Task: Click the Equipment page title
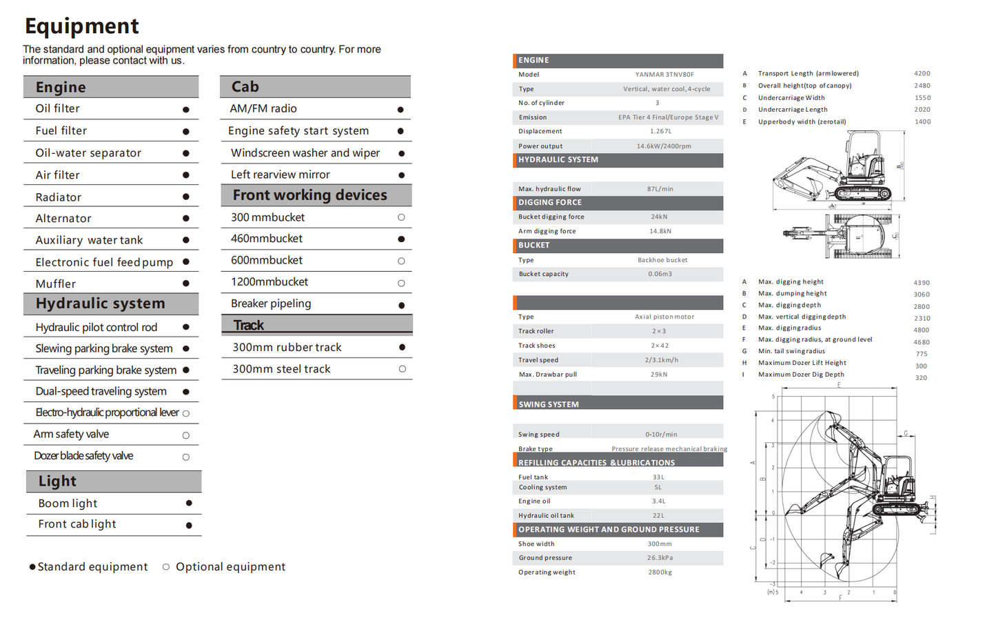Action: coord(82,26)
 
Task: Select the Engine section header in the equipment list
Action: coord(61,88)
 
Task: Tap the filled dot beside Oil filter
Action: coord(186,110)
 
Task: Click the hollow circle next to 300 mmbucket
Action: coord(401,217)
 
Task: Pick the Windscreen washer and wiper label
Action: coord(305,153)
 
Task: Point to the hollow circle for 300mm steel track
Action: coord(402,369)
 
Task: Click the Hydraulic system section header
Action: coord(101,304)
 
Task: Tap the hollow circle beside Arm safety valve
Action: coord(186,435)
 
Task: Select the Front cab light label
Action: coord(77,524)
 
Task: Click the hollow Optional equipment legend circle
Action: coord(166,567)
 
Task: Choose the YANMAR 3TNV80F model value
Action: coord(664,74)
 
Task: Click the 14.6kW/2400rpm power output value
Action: coord(663,146)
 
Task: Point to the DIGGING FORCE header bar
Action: coord(618,203)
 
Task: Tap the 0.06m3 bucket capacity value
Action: coord(660,274)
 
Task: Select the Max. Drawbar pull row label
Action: coord(547,375)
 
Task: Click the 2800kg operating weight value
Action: coord(660,572)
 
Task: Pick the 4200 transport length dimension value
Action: coord(922,73)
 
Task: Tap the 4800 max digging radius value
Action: coord(922,330)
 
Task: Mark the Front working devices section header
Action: coord(309,195)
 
